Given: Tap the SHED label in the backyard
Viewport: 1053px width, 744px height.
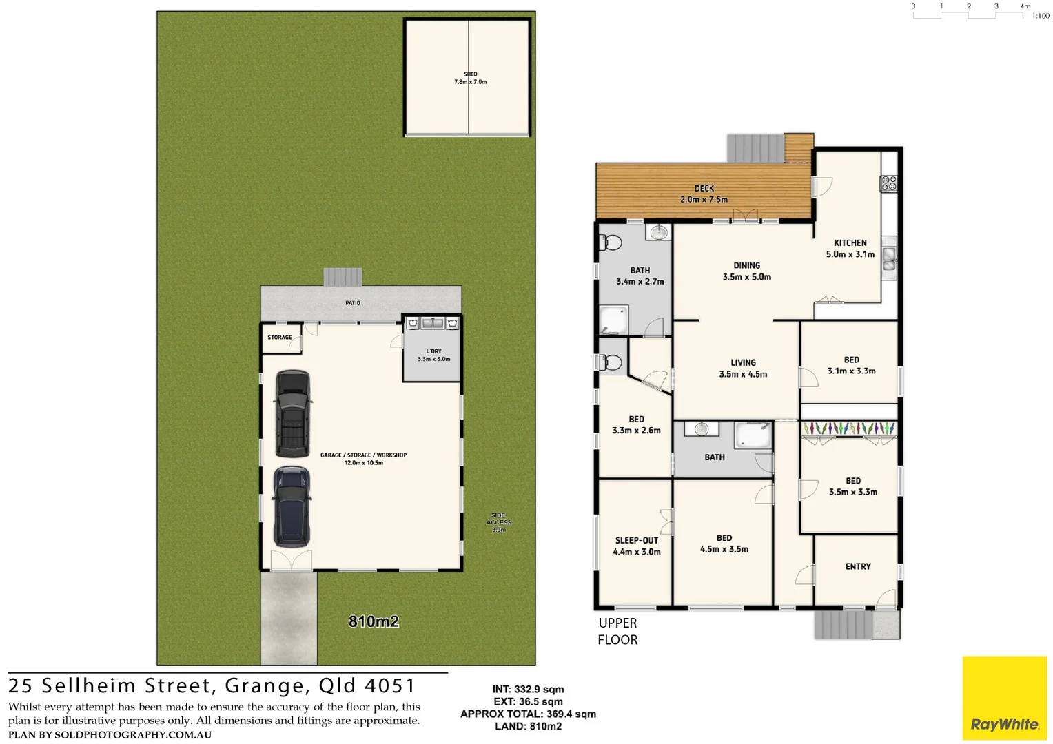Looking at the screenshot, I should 470,78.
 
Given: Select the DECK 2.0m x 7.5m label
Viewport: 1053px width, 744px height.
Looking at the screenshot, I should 704,194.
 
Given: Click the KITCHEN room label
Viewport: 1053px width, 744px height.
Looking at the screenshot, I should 850,248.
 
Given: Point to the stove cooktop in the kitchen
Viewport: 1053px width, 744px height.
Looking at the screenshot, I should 889,183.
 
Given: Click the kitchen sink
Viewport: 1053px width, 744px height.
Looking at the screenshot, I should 889,258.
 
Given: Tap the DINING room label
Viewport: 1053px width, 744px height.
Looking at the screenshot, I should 746,271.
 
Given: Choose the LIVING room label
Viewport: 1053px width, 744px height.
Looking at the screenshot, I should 743,368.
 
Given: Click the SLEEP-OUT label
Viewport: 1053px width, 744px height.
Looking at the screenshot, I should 636,546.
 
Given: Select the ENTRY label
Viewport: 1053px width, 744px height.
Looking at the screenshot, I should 858,566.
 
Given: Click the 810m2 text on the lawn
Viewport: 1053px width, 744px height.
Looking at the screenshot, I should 374,621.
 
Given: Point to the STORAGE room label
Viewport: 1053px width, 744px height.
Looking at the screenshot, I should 280,338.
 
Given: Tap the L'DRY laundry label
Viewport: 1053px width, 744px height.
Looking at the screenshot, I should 433,355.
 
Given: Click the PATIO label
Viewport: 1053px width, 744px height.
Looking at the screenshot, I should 353,303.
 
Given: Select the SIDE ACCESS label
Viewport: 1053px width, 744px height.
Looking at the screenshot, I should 498,522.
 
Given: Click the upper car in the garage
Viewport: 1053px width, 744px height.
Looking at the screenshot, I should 293,413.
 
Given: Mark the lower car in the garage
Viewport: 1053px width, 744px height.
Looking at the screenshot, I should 292,506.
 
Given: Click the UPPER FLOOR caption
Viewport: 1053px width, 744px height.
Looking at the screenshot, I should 617,631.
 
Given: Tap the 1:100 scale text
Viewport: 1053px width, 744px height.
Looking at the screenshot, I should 1040,16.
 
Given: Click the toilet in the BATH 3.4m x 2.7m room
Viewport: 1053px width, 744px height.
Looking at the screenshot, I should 611,242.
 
